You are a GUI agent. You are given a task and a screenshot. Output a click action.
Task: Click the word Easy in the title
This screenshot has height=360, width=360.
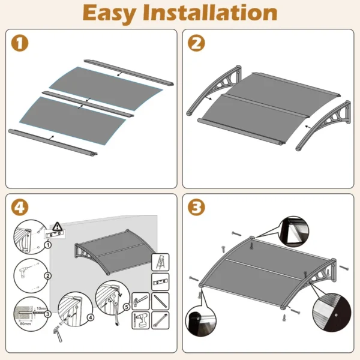(x=115, y=13)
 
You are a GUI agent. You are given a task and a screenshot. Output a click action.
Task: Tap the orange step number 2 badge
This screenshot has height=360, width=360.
(x=196, y=43)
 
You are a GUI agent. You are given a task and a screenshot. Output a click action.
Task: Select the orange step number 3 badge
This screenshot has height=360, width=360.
(x=196, y=208)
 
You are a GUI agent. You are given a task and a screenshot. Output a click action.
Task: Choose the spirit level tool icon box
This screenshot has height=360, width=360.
(x=161, y=281)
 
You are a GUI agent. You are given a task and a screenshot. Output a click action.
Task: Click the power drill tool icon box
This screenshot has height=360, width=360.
(x=142, y=319)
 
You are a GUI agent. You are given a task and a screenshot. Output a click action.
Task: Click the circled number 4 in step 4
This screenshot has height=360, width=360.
(x=90, y=317)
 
